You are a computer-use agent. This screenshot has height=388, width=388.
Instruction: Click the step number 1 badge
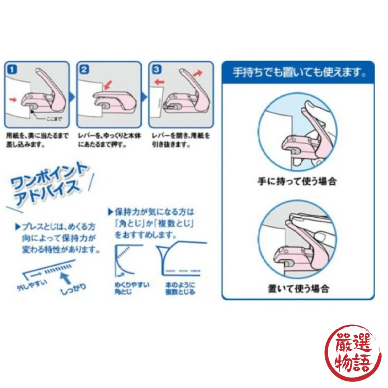(x=13, y=70)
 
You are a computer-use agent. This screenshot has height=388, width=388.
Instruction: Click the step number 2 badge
(x=84, y=70)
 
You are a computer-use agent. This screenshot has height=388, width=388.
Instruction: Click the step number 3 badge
(x=156, y=70)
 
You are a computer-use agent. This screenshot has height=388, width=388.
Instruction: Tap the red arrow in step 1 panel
(x=14, y=100)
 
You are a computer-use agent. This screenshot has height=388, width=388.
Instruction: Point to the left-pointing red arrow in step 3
(x=159, y=82)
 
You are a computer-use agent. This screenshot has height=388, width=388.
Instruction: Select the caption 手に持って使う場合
(x=297, y=181)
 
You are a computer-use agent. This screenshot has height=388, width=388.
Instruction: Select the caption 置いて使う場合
(x=298, y=289)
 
